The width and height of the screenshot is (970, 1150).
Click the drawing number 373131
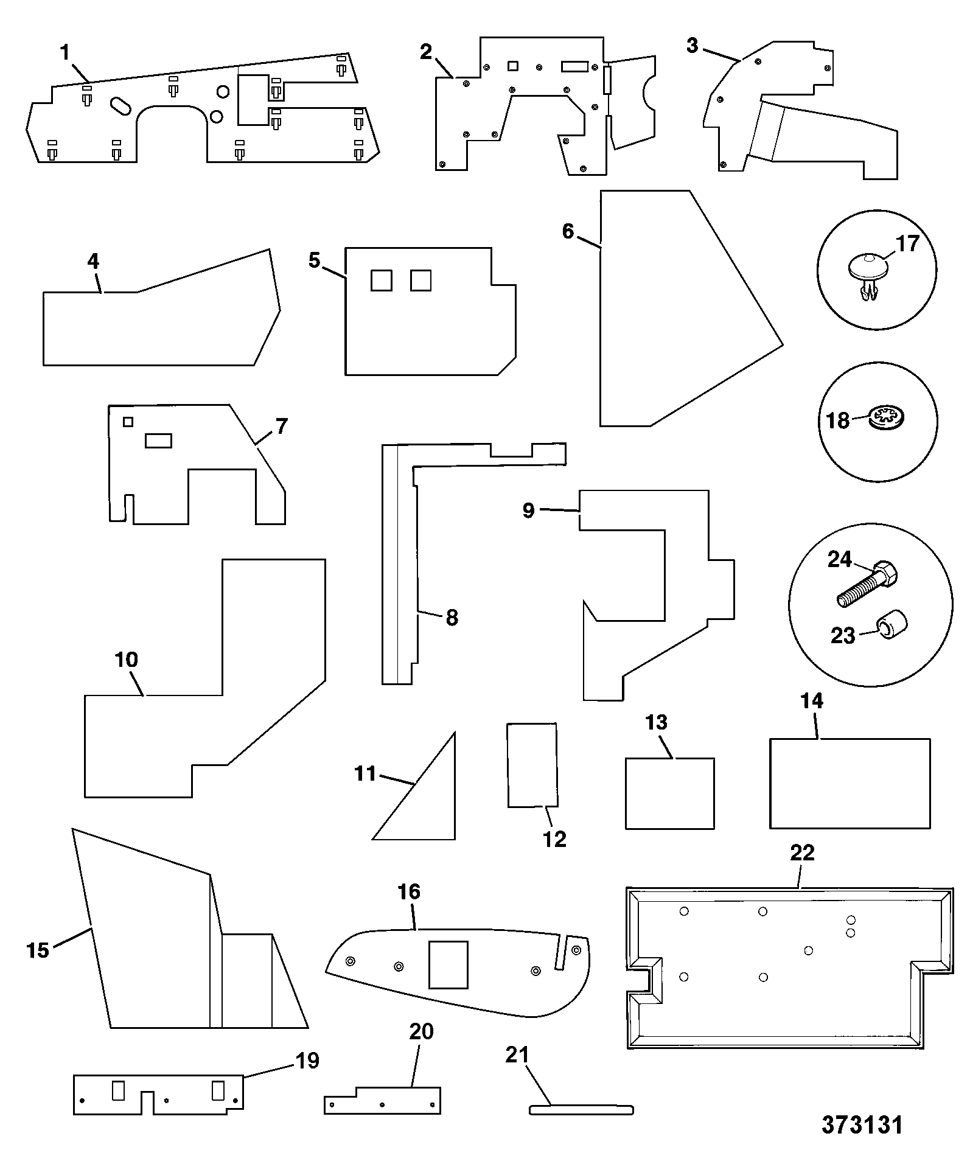click(x=862, y=1125)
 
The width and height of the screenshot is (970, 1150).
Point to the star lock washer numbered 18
click(x=888, y=417)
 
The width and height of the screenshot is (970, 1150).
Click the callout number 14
click(x=812, y=701)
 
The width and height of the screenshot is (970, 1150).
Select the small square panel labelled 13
click(x=670, y=793)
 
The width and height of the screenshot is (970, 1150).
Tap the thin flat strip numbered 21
click(x=581, y=1110)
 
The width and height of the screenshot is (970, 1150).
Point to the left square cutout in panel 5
click(x=382, y=281)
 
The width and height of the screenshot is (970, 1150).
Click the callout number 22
click(x=802, y=852)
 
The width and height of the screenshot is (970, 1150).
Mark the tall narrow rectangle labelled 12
click(x=532, y=765)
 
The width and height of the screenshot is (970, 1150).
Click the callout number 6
click(x=568, y=231)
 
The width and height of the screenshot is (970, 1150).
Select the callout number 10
click(x=127, y=659)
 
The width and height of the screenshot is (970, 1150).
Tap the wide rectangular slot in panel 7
click(x=158, y=441)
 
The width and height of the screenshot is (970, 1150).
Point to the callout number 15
click(x=38, y=950)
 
